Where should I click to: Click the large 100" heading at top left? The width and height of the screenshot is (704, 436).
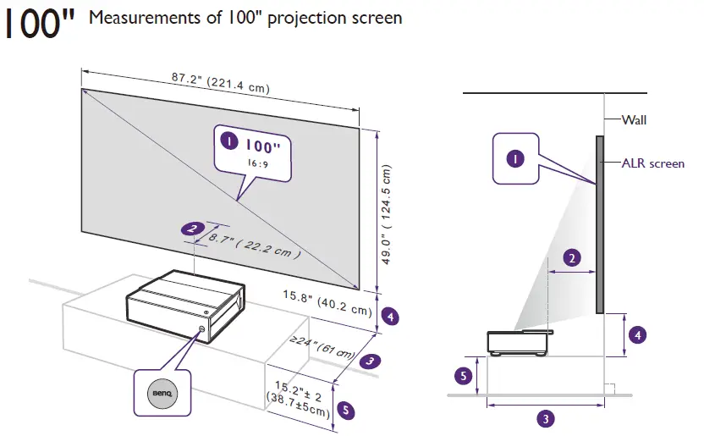coord(40,25)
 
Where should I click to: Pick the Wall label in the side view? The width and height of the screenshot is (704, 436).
coord(634,120)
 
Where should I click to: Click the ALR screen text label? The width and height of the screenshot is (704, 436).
coord(652,163)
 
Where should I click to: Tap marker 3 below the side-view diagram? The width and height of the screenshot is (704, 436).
coord(547,417)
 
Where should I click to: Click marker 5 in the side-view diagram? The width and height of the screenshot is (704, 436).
coord(462,375)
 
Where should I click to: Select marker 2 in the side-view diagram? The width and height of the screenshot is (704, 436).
coord(572,259)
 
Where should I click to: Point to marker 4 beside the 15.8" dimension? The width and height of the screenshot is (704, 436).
coord(390,317)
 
